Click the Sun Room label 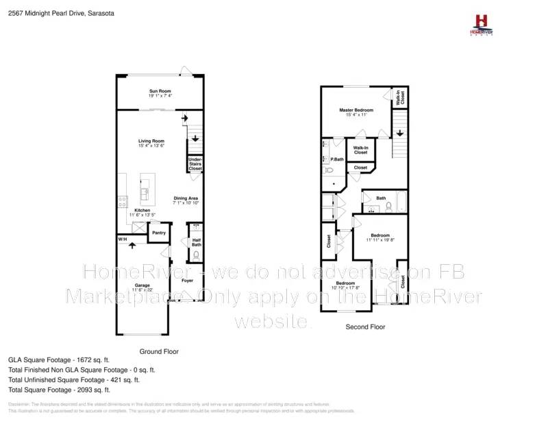tap(160, 91)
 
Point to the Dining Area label tap(186, 198)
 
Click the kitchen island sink tap(145, 185)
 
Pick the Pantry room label tap(158, 233)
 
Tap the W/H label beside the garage tap(123, 239)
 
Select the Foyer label tap(187, 280)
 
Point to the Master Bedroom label tap(356, 110)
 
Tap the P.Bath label tap(336, 159)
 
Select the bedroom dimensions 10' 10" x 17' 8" tap(345, 287)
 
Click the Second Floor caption tap(365, 327)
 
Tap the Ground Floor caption tap(159, 351)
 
